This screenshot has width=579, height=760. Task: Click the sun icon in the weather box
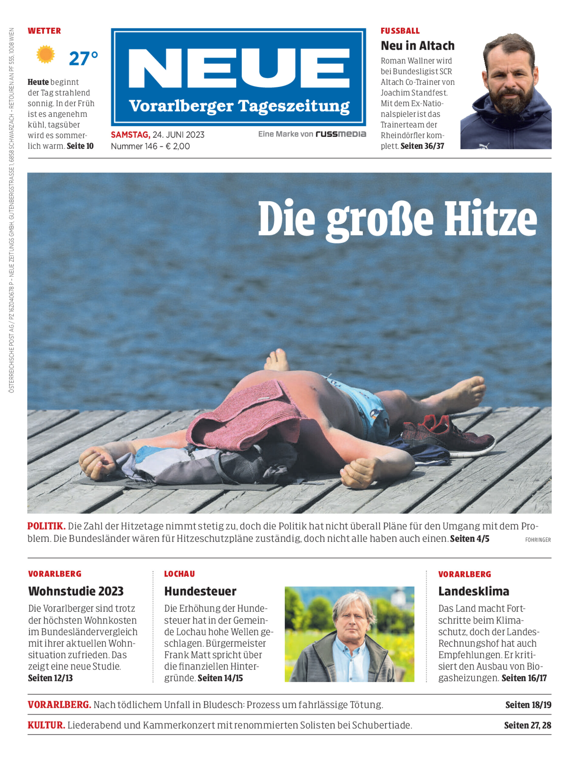(46, 54)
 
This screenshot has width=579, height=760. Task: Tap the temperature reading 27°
(83, 59)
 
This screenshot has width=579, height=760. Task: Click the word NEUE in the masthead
(238, 68)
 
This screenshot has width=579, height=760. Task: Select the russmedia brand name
(341, 134)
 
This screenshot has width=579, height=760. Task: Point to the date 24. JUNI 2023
(178, 135)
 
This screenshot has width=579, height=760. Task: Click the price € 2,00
(178, 146)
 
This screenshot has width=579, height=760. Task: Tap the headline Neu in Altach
(417, 46)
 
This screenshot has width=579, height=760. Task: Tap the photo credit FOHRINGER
(538, 540)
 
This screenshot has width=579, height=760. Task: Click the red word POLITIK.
(46, 527)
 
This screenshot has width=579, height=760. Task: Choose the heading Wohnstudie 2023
(76, 591)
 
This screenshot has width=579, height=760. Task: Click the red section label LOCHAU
(179, 574)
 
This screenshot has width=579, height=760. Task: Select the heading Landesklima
(473, 591)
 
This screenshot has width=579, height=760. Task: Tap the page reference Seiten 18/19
(528, 705)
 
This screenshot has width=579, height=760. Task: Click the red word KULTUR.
(46, 725)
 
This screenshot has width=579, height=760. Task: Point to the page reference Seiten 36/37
(422, 146)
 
